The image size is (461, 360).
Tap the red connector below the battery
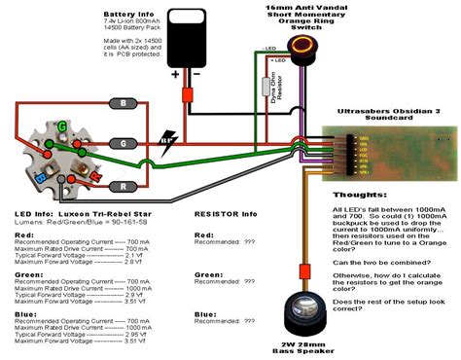(187, 95)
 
